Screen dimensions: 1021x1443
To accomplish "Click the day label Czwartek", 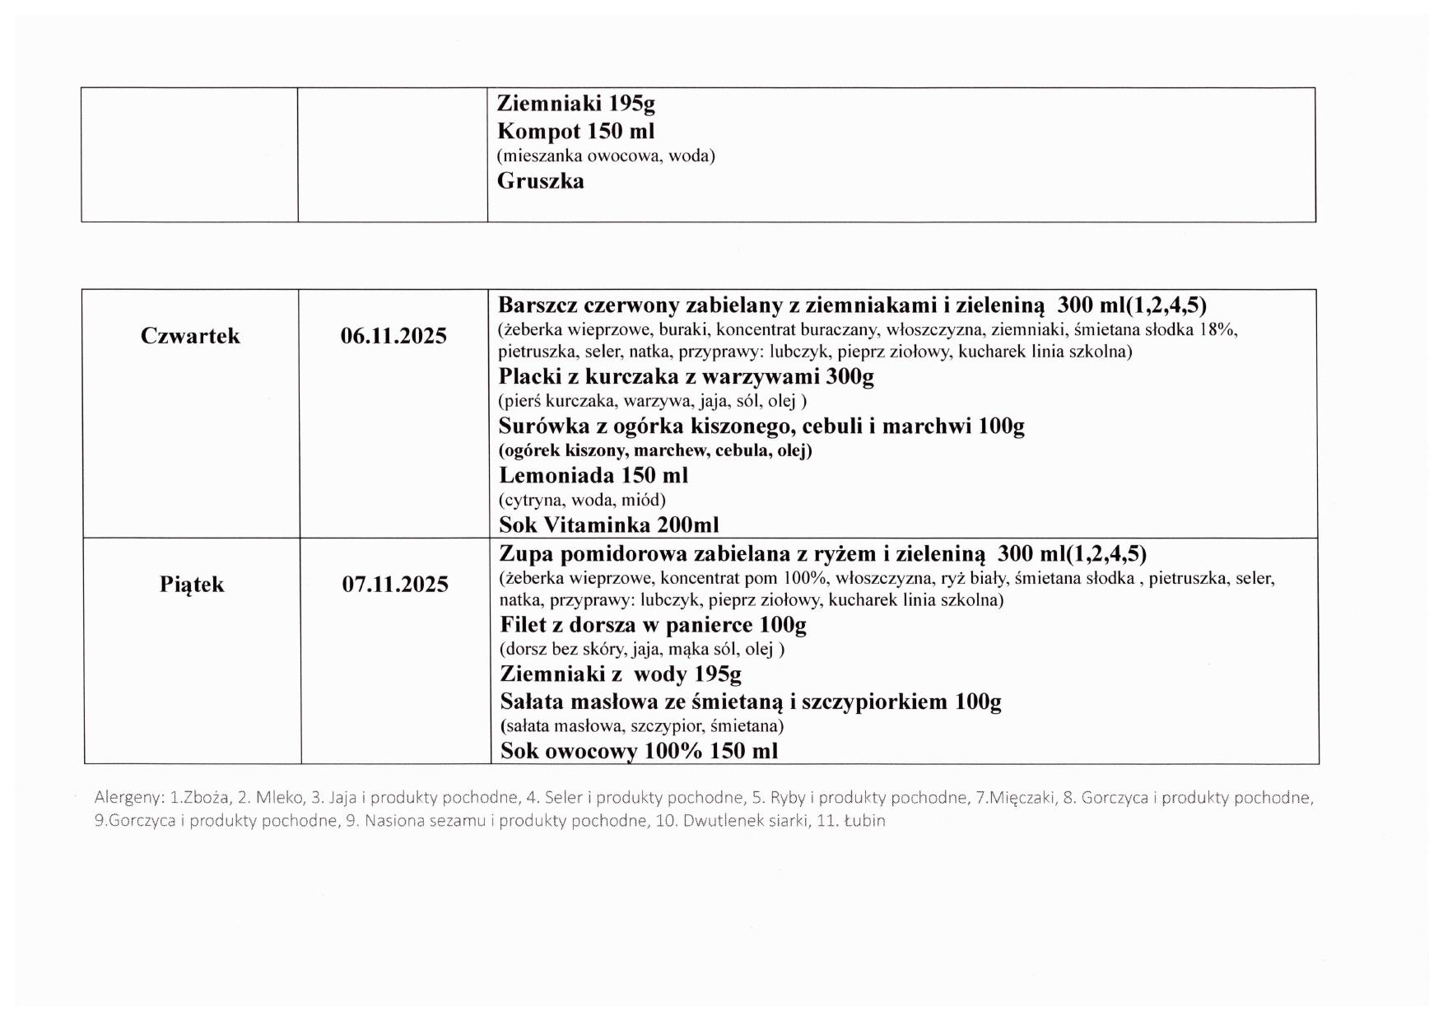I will tap(190, 336).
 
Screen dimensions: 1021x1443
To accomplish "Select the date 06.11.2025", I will tap(393, 336).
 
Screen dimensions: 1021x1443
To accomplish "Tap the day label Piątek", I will tap(192, 585).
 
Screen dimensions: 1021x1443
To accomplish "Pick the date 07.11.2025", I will tap(395, 585).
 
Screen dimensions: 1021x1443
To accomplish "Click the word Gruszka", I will tap(540, 181).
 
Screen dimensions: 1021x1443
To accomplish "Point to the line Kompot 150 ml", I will tap(575, 132).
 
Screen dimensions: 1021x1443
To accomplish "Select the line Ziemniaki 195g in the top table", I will tap(575, 104).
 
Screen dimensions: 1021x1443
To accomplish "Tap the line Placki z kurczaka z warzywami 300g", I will tap(686, 377).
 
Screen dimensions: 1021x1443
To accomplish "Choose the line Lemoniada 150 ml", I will tap(593, 476).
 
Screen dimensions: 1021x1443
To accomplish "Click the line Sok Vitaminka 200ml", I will tap(608, 524).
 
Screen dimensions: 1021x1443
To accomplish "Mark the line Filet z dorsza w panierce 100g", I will tap(653, 625).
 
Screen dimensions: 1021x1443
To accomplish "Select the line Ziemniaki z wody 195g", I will tap(621, 674).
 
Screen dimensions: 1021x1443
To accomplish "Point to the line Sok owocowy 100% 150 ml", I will tap(639, 751).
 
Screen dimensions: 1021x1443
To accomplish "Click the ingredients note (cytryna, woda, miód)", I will tap(582, 500).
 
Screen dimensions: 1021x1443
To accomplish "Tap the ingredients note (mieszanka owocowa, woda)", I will tap(606, 156).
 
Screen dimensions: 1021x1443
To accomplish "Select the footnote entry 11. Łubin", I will tap(850, 821).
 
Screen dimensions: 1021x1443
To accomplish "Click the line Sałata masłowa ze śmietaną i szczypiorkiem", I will tap(750, 702).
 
